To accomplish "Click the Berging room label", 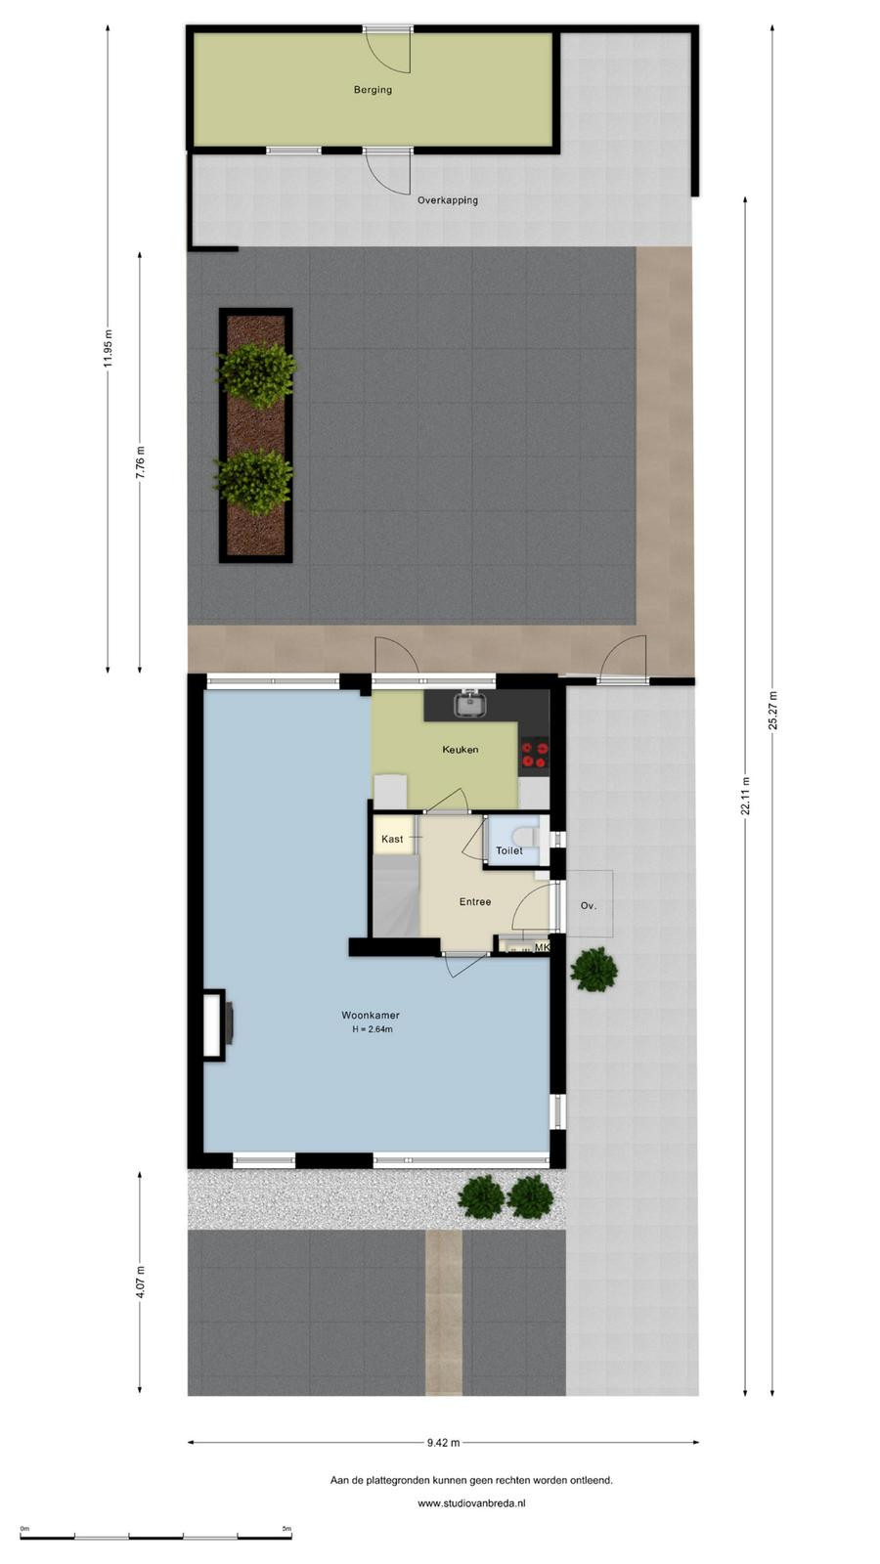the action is pos(373,89).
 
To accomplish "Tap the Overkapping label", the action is pos(448,200).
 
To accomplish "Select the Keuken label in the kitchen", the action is pos(461,749).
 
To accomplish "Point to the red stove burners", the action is pos(535,754).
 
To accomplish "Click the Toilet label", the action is pos(509,850).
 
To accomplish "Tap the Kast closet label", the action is pos(392,839).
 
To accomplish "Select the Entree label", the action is pos(475,901).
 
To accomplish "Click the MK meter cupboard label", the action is pos(542,947).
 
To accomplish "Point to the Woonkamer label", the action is pos(371,1016).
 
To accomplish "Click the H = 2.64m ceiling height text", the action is pos(373,1029).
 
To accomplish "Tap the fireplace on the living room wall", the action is pos(217,1024).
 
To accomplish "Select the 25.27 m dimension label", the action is pos(773,710).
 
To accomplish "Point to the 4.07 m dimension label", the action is pos(141,1282).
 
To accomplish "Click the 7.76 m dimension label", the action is pos(141,462).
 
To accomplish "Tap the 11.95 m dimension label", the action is pos(108,347).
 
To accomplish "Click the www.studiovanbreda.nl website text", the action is pos(471,1503).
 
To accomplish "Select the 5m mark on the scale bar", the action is pos(286,1529).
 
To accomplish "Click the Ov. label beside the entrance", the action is pos(589,905).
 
